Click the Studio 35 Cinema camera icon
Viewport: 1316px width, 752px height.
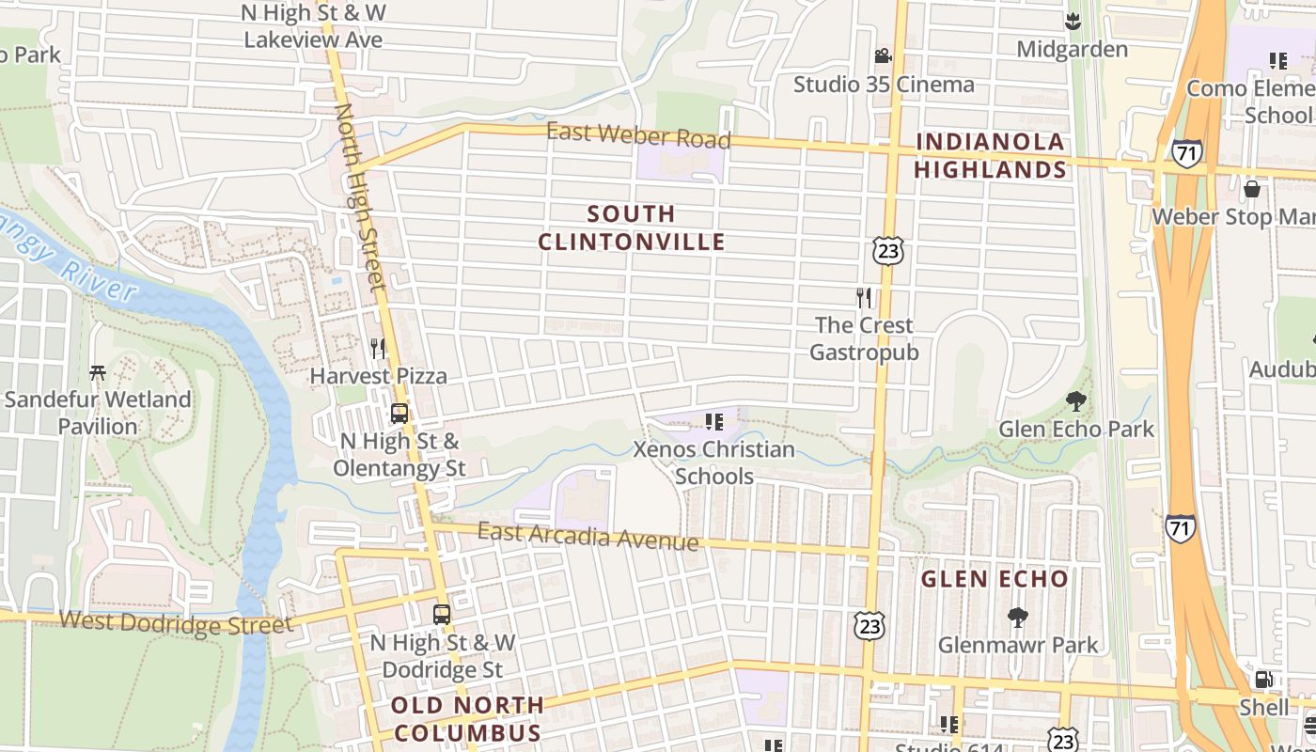point(883,55)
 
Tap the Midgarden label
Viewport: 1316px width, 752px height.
point(1072,49)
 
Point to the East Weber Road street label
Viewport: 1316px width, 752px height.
point(638,136)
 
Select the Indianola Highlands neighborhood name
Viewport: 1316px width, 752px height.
point(991,156)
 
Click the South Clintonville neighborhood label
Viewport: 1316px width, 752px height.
point(632,228)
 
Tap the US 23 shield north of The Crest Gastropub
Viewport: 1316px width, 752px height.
point(887,250)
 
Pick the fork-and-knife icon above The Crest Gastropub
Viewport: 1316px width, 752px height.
point(864,298)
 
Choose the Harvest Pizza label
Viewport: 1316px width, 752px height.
point(379,376)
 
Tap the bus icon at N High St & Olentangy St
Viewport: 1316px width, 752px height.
point(399,413)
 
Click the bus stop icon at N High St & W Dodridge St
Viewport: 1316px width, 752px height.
point(442,615)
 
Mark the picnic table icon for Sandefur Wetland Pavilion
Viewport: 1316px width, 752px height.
point(98,373)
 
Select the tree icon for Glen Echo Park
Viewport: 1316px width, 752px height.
point(1076,402)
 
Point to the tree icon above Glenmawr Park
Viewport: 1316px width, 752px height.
point(1017,618)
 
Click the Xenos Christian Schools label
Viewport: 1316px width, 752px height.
point(714,462)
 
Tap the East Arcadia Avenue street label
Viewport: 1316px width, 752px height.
point(587,537)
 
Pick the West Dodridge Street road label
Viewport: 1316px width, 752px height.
point(176,622)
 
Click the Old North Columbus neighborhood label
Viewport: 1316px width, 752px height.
point(467,719)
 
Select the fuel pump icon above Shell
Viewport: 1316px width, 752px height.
point(1264,680)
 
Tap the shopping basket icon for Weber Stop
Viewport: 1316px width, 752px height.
point(1251,190)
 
